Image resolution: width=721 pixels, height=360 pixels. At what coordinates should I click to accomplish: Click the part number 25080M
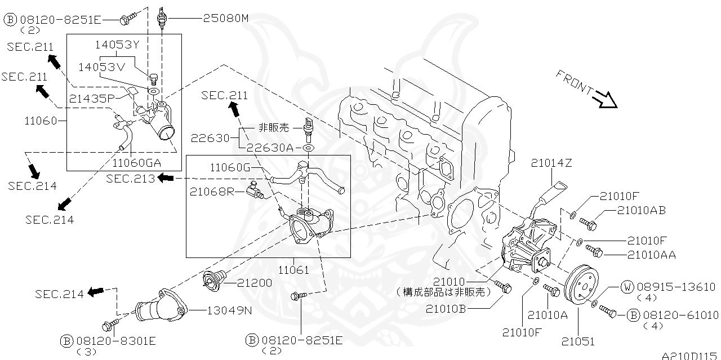(x=226, y=19)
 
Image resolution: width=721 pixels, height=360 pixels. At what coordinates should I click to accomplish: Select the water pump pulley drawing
(x=582, y=285)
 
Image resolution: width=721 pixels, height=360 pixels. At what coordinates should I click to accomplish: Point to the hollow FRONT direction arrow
(x=606, y=100)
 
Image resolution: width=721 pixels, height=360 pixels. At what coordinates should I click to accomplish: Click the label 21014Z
(x=551, y=163)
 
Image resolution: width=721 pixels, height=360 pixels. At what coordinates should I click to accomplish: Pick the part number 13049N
(x=229, y=310)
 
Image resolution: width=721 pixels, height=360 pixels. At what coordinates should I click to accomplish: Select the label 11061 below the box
(x=293, y=270)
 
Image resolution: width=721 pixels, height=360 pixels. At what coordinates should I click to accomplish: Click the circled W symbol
(x=627, y=287)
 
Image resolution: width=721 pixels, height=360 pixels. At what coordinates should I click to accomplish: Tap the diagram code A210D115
(x=691, y=355)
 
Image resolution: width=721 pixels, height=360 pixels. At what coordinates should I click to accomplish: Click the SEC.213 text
(x=130, y=179)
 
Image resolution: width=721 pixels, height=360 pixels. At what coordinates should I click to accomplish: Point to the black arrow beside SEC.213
(x=166, y=177)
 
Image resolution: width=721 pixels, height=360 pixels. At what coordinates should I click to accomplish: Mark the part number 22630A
(x=270, y=148)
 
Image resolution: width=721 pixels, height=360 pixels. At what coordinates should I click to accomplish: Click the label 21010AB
(x=641, y=210)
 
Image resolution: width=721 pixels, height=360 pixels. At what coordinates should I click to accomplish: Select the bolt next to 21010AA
(x=594, y=251)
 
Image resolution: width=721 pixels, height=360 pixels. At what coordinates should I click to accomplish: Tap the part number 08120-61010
(x=680, y=315)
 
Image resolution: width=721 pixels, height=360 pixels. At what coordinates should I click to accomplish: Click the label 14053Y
(x=117, y=45)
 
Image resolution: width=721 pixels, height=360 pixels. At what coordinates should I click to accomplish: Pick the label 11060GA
(x=136, y=163)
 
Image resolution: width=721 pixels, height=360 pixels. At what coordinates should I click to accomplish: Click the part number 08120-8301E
(x=116, y=341)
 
